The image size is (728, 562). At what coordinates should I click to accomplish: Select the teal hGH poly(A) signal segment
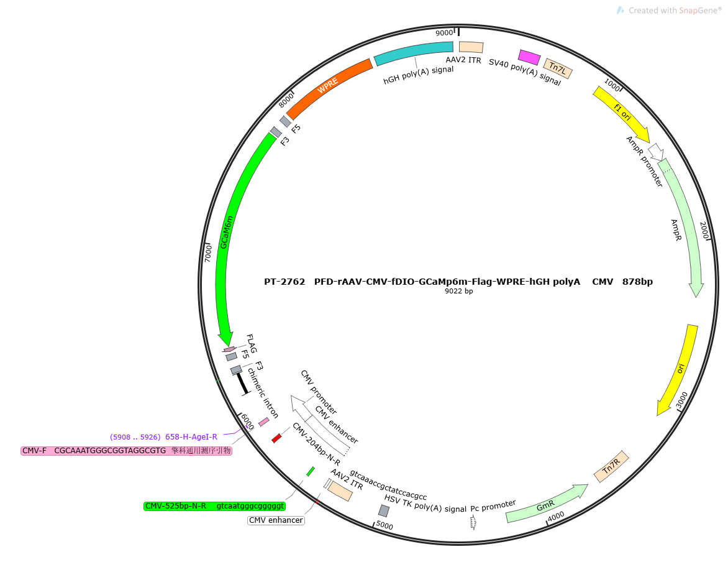413,52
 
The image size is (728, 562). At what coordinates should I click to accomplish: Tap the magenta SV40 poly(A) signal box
529,57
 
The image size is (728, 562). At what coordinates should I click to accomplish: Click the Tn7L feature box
558,69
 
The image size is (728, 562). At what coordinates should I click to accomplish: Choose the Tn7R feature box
611,466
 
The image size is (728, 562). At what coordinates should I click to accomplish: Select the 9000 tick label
444,33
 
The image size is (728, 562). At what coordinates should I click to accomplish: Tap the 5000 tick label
384,525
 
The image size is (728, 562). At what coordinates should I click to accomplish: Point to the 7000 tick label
208,254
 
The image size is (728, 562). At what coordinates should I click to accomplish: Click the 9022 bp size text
458,291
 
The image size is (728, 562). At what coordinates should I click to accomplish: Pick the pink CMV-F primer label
126,451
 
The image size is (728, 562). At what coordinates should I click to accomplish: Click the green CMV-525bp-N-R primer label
214,506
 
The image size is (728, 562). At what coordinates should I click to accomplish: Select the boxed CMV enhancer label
276,520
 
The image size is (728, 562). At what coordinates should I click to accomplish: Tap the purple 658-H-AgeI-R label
163,437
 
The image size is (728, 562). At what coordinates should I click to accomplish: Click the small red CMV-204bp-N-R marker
276,438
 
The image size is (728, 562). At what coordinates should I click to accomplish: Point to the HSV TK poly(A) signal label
425,504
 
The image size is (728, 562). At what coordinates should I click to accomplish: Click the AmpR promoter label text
644,161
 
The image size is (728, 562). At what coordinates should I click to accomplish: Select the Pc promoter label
493,506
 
